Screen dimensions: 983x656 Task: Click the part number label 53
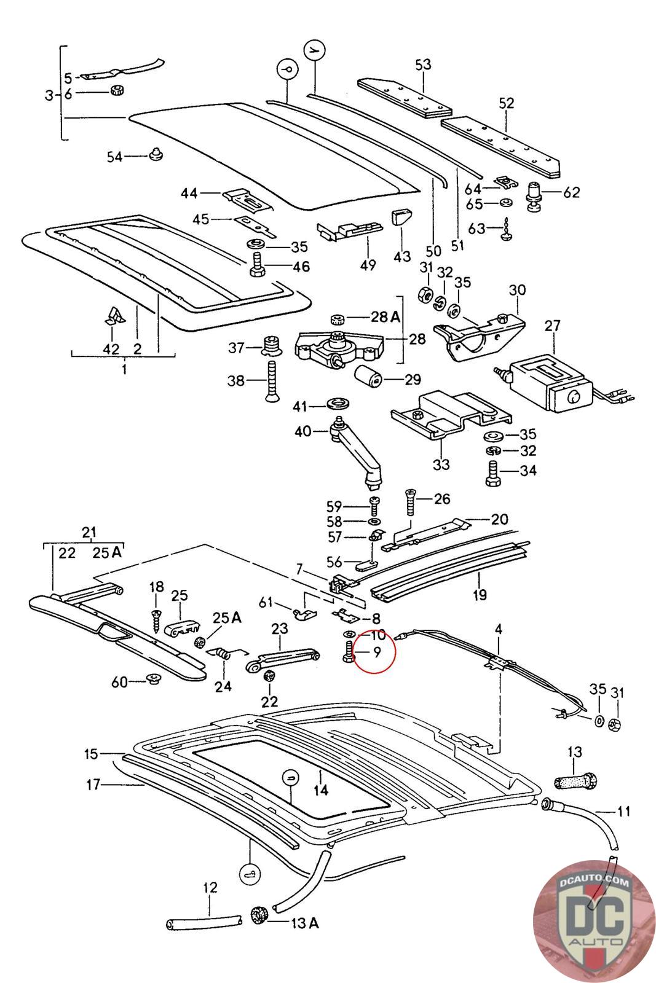click(x=423, y=65)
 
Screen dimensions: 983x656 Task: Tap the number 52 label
click(x=506, y=103)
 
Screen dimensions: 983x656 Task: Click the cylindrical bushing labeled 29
click(x=368, y=377)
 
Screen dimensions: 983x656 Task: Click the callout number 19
click(x=480, y=594)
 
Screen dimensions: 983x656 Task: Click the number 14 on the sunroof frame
click(x=320, y=790)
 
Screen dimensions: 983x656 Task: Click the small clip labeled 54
click(x=156, y=155)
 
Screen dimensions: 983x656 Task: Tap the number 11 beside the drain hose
click(x=623, y=812)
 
